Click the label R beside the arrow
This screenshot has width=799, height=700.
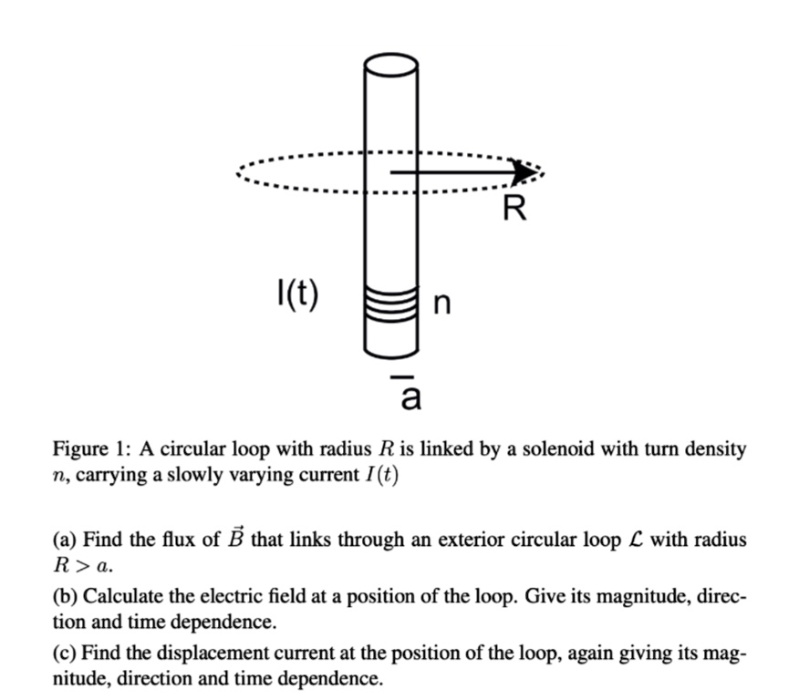click(514, 209)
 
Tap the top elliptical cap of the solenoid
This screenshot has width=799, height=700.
click(391, 67)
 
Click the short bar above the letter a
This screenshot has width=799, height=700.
click(399, 374)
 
